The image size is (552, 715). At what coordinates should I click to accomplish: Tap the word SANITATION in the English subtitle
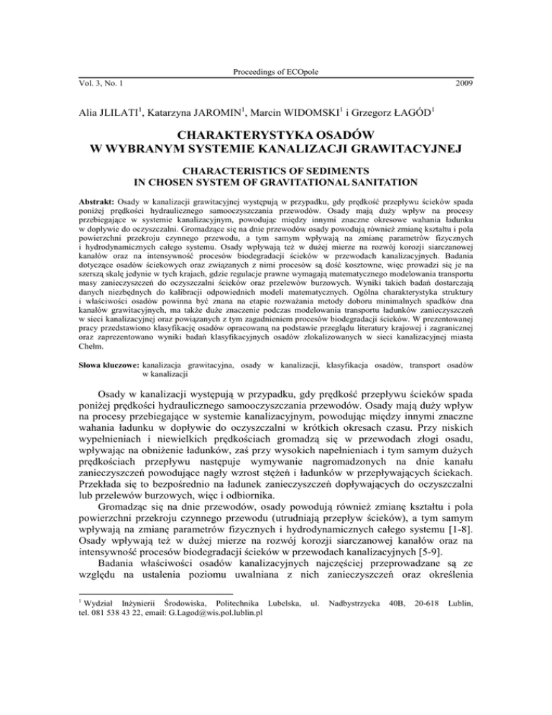pos(386,183)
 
